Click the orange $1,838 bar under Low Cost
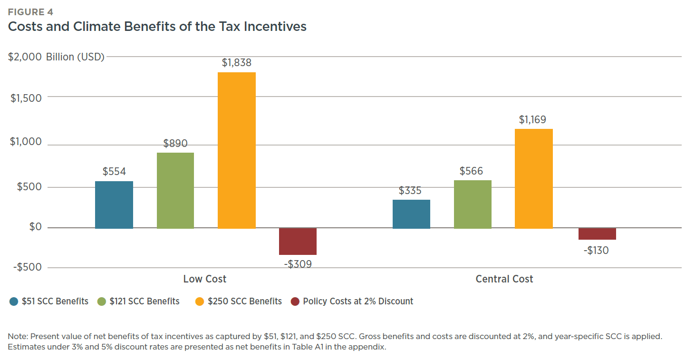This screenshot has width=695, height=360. tap(236, 150)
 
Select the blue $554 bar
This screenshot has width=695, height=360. tap(114, 204)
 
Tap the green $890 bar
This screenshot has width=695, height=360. tap(175, 190)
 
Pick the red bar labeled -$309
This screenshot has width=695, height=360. tap(298, 242)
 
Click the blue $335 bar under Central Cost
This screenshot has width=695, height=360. tap(411, 214)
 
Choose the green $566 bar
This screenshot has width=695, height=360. tap(473, 204)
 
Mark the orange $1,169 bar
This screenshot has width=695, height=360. tap(533, 178)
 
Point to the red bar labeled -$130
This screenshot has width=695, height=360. tap(597, 234)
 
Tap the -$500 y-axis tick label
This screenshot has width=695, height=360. tap(28, 267)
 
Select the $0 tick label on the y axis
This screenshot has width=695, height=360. tap(35, 227)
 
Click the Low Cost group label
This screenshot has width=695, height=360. tap(205, 279)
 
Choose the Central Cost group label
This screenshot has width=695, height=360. tap(504, 279)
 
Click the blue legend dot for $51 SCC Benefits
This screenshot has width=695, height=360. tap(14, 302)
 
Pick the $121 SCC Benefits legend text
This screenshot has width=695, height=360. tap(145, 302)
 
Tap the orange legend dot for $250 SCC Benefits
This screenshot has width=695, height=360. tap(200, 302)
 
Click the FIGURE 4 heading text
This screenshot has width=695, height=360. tap(30, 12)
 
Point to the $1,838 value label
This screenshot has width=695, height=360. tap(236, 63)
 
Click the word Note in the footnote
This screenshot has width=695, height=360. tap(17, 337)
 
